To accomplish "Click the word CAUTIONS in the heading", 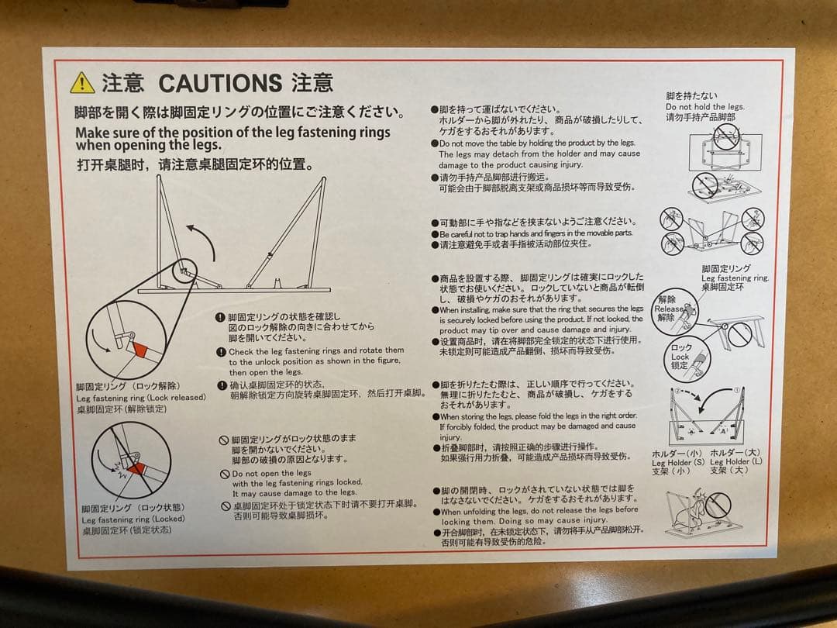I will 219,82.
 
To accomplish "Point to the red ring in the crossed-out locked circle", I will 136,468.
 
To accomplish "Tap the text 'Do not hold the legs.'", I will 704,107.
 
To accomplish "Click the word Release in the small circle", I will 668,308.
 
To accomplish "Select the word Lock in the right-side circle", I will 680,357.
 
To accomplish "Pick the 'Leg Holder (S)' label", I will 677,462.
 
